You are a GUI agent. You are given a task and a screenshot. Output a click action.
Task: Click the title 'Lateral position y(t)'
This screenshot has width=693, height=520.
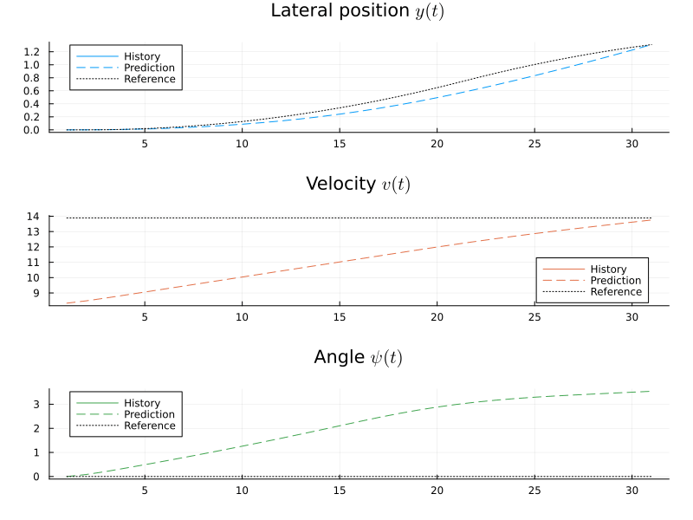click(x=358, y=11)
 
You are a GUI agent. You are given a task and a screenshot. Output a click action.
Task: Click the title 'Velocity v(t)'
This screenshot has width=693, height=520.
click(x=358, y=185)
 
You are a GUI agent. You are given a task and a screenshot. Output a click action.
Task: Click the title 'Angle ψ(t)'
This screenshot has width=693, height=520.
click(x=358, y=358)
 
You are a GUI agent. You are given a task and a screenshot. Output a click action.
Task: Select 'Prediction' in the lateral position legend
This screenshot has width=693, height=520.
click(x=149, y=68)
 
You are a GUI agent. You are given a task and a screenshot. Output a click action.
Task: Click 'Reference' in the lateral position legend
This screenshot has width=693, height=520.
click(x=149, y=79)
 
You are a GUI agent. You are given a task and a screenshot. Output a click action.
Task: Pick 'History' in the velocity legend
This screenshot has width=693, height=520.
click(x=608, y=270)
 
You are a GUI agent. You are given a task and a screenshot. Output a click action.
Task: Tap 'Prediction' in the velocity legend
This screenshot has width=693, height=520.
click(x=615, y=281)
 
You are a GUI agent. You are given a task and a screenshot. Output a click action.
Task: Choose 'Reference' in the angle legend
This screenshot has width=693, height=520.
click(x=149, y=426)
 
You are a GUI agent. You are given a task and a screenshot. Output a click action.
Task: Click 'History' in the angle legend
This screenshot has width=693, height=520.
click(x=142, y=403)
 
